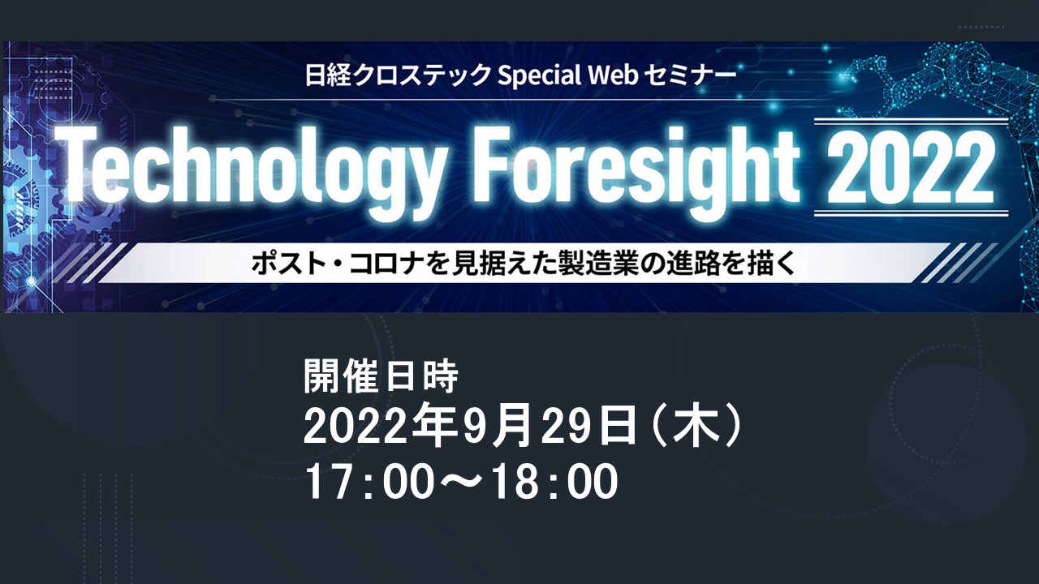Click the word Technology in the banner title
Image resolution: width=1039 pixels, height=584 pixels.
[252, 171]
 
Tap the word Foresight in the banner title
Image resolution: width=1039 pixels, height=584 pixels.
[636, 171]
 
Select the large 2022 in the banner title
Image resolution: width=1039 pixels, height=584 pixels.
[911, 167]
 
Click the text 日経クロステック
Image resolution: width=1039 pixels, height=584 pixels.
[398, 75]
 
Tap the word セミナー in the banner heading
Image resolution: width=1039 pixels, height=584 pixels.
[690, 75]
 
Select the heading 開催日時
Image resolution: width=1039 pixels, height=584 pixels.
[382, 376]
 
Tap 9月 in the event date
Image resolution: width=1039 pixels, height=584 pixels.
[496, 426]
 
